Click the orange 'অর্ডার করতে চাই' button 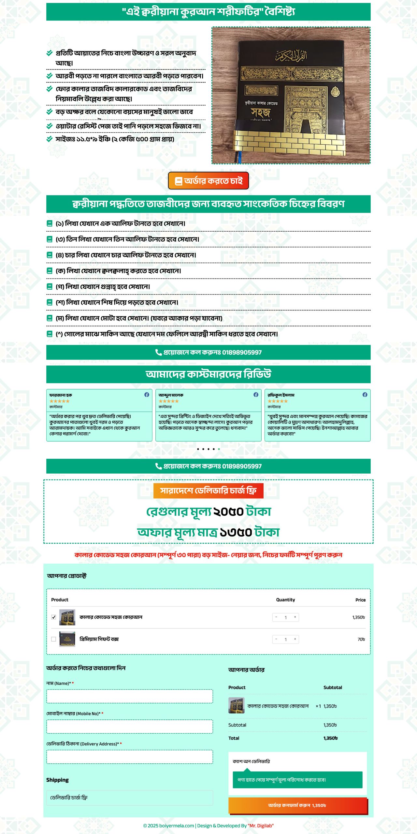pos(208,181)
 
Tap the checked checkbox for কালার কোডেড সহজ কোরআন pos(54,617)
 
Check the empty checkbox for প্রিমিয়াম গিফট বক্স pos(54,639)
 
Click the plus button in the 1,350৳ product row pos(295,617)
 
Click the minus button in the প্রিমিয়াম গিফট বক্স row pos(276,639)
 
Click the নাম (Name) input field pos(130,697)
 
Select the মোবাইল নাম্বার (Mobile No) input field pos(130,727)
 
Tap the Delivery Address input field pos(130,757)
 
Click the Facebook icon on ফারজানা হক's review pos(147,395)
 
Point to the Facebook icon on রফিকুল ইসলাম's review pos(365,395)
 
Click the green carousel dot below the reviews pos(219,449)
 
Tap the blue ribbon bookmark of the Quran pos(239,157)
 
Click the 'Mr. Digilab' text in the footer pos(261,826)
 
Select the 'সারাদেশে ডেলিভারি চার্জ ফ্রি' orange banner pos(208,491)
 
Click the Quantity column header pos(285,600)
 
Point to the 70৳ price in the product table pos(361,640)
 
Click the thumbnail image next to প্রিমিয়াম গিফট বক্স pos(67,639)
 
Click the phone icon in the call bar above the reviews pos(158,352)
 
